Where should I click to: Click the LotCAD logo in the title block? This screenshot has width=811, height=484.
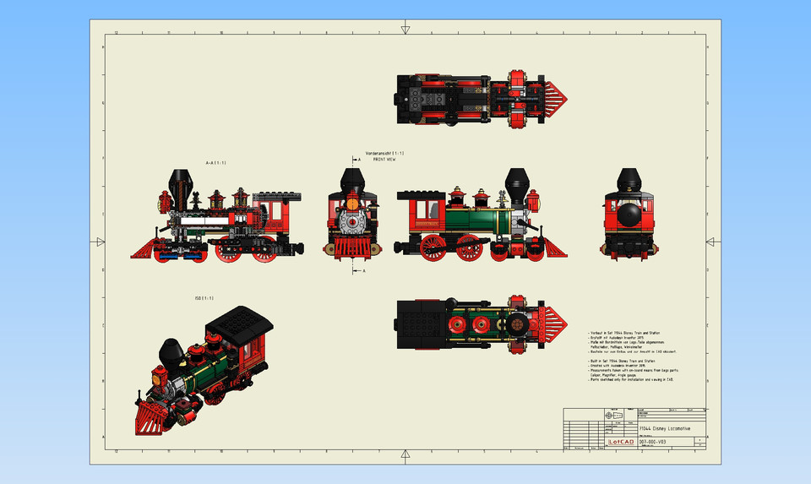pyautogui.click(x=621, y=441)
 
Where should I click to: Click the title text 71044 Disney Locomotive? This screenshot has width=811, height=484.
pyautogui.click(x=664, y=429)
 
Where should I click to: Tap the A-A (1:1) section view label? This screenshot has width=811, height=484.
pyautogui.click(x=216, y=162)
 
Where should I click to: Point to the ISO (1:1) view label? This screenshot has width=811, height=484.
pyautogui.click(x=204, y=297)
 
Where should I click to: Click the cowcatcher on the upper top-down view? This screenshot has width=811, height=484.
pyautogui.click(x=557, y=100)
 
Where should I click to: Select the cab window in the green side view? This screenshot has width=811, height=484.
pyautogui.click(x=431, y=208)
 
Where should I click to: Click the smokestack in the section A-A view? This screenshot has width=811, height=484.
pyautogui.click(x=180, y=182)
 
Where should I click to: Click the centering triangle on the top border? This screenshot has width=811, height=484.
pyautogui.click(x=405, y=30)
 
